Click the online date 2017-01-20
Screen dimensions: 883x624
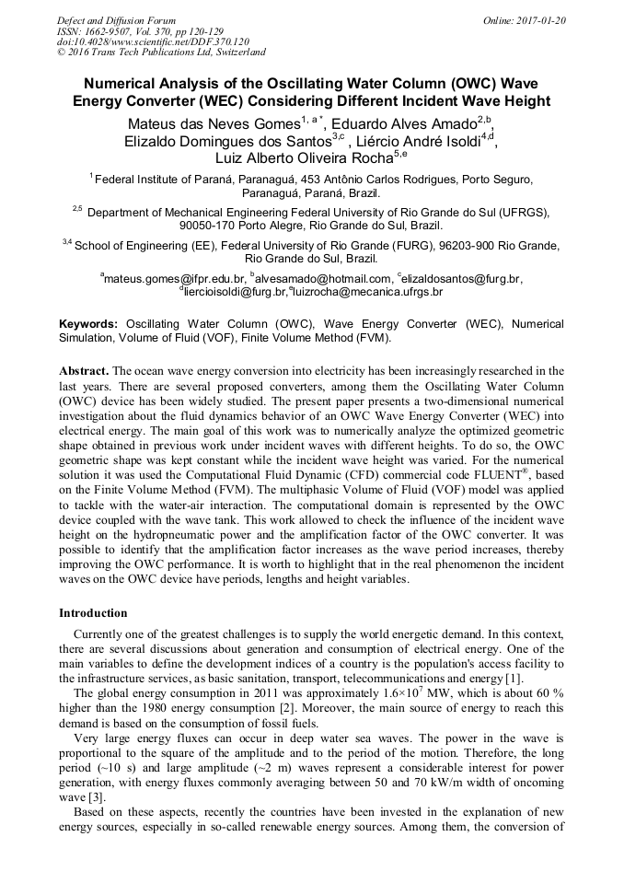pyautogui.click(x=543, y=19)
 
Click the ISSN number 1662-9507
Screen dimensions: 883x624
pyautogui.click(x=108, y=30)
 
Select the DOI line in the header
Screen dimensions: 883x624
pyautogui.click(x=153, y=41)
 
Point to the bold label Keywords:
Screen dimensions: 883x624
pyautogui.click(x=88, y=324)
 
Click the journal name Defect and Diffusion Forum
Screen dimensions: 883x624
pyautogui.click(x=116, y=19)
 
